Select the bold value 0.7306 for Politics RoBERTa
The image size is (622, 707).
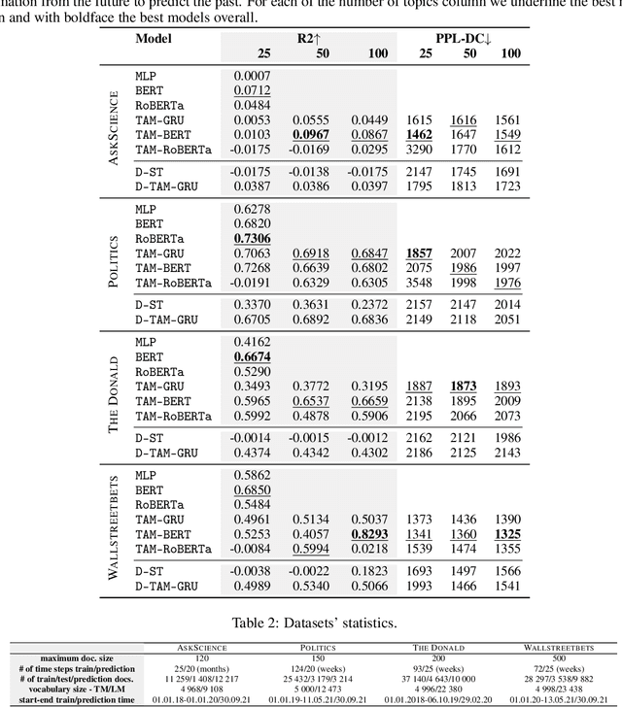tap(251, 239)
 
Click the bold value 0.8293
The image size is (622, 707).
tap(371, 534)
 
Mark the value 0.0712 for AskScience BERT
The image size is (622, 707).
tap(251, 89)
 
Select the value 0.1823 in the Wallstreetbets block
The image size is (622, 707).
tap(371, 572)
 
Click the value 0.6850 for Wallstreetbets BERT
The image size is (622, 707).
tap(251, 489)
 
